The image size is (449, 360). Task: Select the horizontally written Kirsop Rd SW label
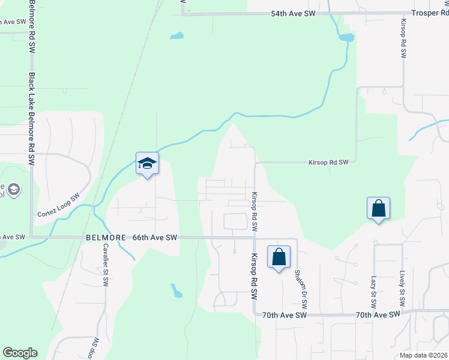pyautogui.click(x=328, y=162)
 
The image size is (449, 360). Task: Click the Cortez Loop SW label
pyautogui.click(x=58, y=206)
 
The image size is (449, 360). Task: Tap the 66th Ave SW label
pyautogui.click(x=155, y=238)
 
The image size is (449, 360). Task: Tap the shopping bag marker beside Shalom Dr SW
pyautogui.click(x=279, y=257)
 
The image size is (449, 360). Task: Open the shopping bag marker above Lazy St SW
pyautogui.click(x=378, y=209)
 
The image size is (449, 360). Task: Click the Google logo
pyautogui.click(x=20, y=352)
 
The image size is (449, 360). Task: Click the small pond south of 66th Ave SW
pyautogui.click(x=176, y=292)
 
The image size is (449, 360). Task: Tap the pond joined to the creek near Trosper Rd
pyautogui.click(x=346, y=38)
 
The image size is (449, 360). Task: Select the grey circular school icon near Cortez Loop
pyautogui.click(x=14, y=190)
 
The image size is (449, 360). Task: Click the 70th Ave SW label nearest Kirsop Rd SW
pyautogui.click(x=285, y=314)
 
